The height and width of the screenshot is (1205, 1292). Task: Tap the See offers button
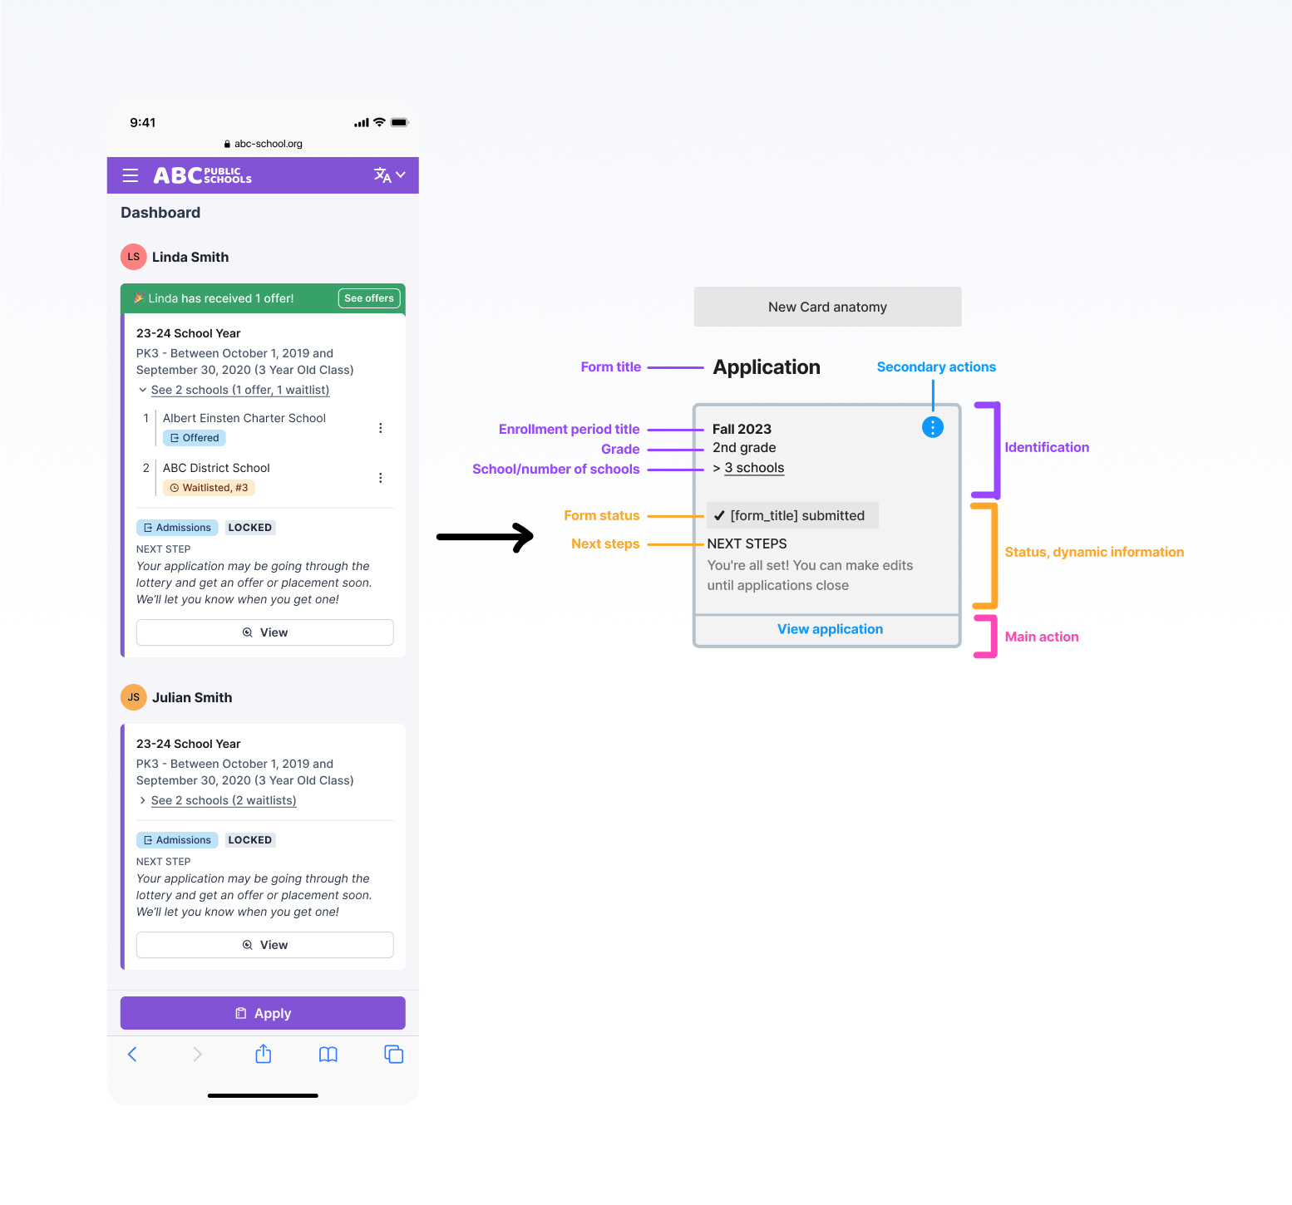pos(369,298)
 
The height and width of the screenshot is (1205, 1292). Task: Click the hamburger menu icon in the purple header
pos(131,175)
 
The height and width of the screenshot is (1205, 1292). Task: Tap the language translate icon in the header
pos(382,175)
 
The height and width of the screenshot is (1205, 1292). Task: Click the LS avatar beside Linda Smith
pos(134,257)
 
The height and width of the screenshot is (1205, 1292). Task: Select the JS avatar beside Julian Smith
pos(134,697)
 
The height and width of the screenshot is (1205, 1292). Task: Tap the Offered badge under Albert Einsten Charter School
pos(195,438)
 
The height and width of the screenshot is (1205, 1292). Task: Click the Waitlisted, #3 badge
pos(209,488)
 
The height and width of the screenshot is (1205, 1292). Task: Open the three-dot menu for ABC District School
pos(381,478)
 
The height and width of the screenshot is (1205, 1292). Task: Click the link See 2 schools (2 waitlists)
pos(224,800)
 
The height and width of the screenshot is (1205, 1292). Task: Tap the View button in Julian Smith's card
pos(264,945)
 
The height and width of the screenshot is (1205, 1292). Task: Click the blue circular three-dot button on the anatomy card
pos(933,427)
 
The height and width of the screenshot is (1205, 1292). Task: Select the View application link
pos(830,629)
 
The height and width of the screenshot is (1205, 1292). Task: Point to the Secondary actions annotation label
pos(936,366)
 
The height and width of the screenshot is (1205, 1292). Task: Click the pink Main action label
pos(1042,637)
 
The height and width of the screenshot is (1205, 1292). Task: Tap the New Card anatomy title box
pos(827,307)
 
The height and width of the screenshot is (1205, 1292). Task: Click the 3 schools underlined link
pos(754,468)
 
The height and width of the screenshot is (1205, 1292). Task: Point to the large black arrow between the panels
pos(486,537)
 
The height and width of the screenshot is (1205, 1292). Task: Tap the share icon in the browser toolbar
pos(264,1054)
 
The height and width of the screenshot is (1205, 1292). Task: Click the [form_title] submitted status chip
pos(792,515)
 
